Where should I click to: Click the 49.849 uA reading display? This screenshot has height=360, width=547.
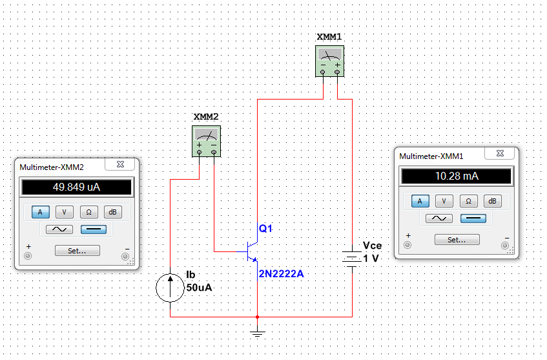tap(76, 187)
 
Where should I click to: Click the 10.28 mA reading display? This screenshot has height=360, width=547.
tap(457, 176)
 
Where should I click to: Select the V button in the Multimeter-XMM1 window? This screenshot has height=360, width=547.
tap(444, 201)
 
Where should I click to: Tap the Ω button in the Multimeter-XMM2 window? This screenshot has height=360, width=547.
tap(88, 212)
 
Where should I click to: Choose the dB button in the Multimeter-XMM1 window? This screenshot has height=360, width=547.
tap(492, 201)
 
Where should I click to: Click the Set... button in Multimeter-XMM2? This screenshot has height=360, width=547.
tap(77, 251)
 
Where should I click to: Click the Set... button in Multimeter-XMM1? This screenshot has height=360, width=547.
tap(457, 240)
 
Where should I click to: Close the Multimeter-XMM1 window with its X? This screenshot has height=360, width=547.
tap(500, 153)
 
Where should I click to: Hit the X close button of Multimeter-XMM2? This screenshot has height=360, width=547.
tap(120, 164)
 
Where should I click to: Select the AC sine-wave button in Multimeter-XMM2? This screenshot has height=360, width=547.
tap(59, 229)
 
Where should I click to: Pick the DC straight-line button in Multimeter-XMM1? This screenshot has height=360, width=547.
tap(473, 218)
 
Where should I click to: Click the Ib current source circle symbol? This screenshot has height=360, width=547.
tap(170, 288)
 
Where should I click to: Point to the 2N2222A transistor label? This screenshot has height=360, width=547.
tap(281, 274)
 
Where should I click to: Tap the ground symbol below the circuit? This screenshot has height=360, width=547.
tap(258, 333)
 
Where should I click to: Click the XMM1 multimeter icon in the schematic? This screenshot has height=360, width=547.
tap(329, 61)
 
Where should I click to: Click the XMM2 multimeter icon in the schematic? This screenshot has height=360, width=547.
tap(207, 142)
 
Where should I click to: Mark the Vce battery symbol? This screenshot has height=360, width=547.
tap(352, 259)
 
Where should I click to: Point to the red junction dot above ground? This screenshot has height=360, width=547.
tap(258, 317)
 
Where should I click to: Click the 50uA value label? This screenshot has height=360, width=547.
tap(199, 288)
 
